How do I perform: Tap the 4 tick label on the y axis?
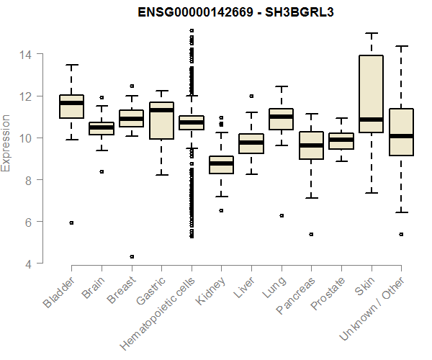click(x=29, y=264)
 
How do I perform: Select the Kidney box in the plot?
click(x=221, y=165)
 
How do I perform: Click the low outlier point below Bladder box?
click(x=71, y=222)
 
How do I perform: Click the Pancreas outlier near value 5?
click(x=311, y=234)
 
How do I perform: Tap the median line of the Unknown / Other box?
click(x=400, y=135)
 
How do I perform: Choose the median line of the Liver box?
click(x=251, y=143)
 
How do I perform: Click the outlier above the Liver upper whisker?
click(x=251, y=96)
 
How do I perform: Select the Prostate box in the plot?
click(x=341, y=141)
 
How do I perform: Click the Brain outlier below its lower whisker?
click(x=102, y=171)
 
